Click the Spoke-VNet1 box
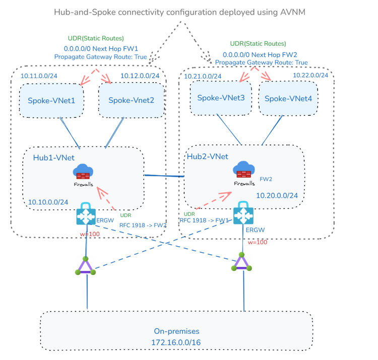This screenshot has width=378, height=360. [51, 101]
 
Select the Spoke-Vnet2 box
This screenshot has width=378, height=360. [132, 100]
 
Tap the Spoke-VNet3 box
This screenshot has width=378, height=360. [221, 98]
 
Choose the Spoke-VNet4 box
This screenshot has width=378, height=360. [288, 99]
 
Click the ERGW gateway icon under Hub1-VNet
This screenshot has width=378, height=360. [86, 213]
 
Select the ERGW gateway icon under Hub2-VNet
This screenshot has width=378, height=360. [243, 213]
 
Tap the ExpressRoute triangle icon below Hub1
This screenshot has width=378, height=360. [86, 266]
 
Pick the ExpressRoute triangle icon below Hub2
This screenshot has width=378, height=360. [241, 262]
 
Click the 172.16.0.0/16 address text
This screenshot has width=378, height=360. [176, 342]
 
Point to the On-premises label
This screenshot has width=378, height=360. [177, 331]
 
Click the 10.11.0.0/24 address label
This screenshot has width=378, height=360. [39, 76]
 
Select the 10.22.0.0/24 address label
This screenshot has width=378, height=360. [310, 76]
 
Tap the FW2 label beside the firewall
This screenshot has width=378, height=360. [266, 179]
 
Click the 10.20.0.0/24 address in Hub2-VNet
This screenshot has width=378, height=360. [277, 195]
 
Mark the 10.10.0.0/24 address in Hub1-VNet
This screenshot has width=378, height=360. [48, 202]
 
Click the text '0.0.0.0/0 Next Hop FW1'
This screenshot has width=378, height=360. [101, 49]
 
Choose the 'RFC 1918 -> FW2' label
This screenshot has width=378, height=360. [143, 226]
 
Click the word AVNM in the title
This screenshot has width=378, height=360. [293, 12]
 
